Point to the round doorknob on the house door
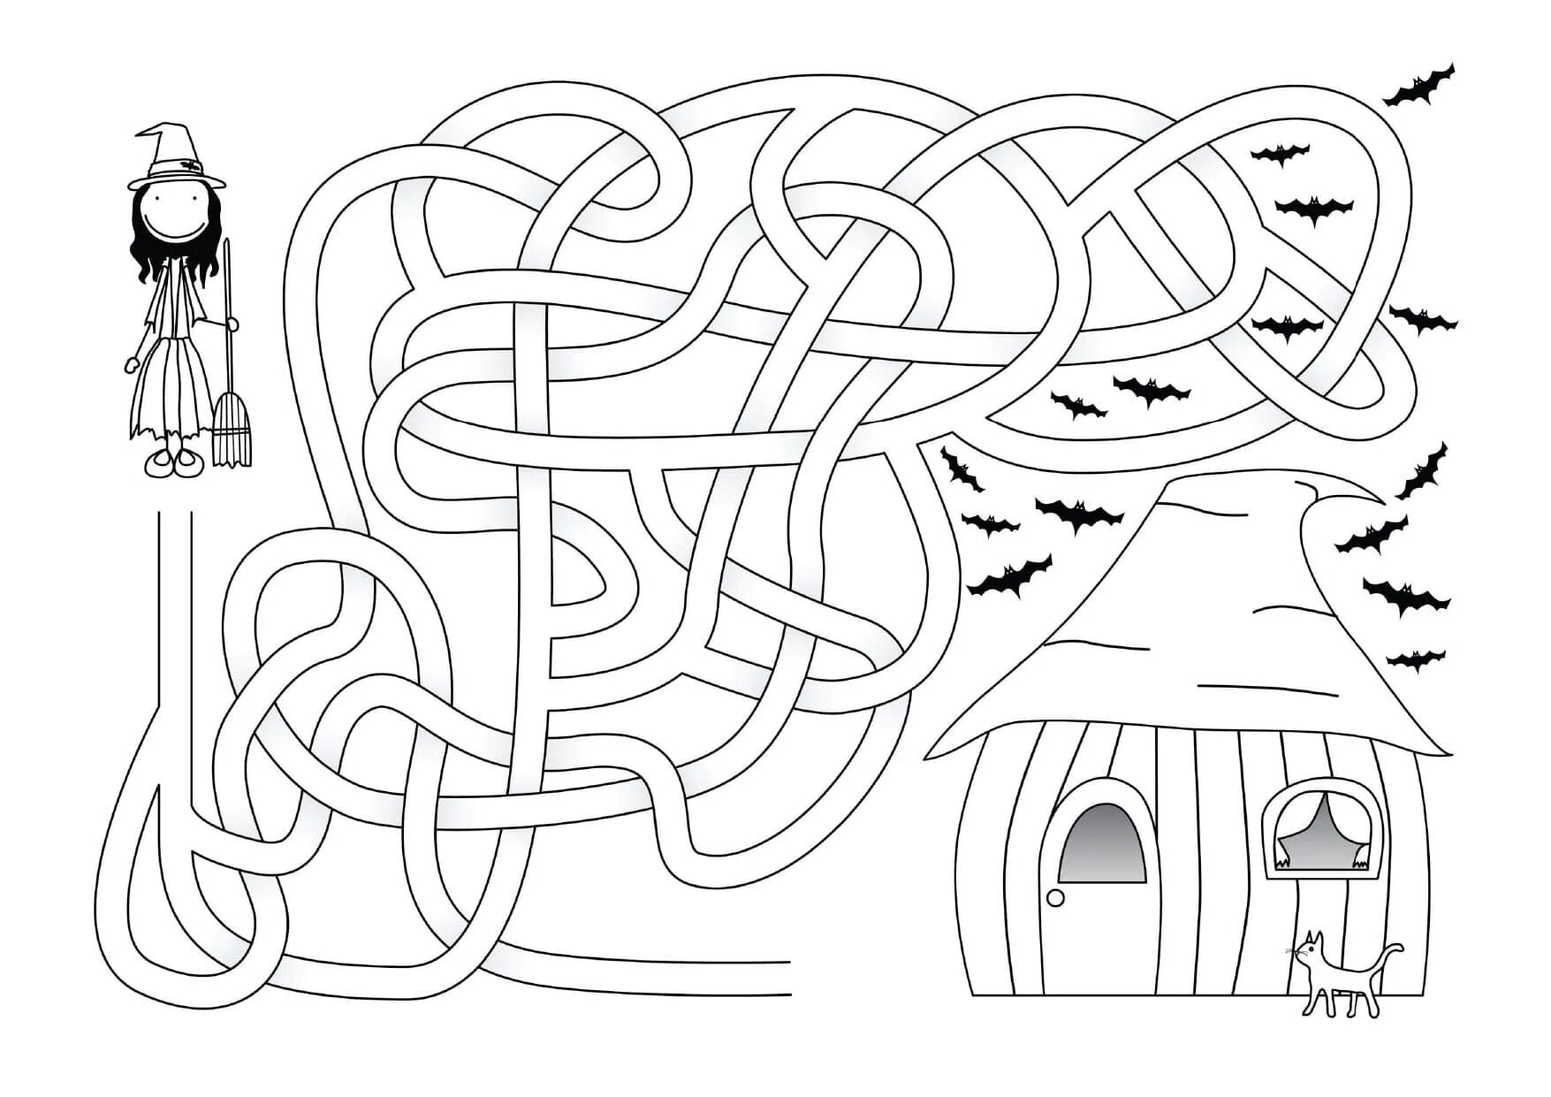[x=1054, y=898]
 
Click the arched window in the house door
[x=1102, y=843]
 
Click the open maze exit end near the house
[x=782, y=977]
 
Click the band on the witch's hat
[x=177, y=165]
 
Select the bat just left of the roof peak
[x=1079, y=512]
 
